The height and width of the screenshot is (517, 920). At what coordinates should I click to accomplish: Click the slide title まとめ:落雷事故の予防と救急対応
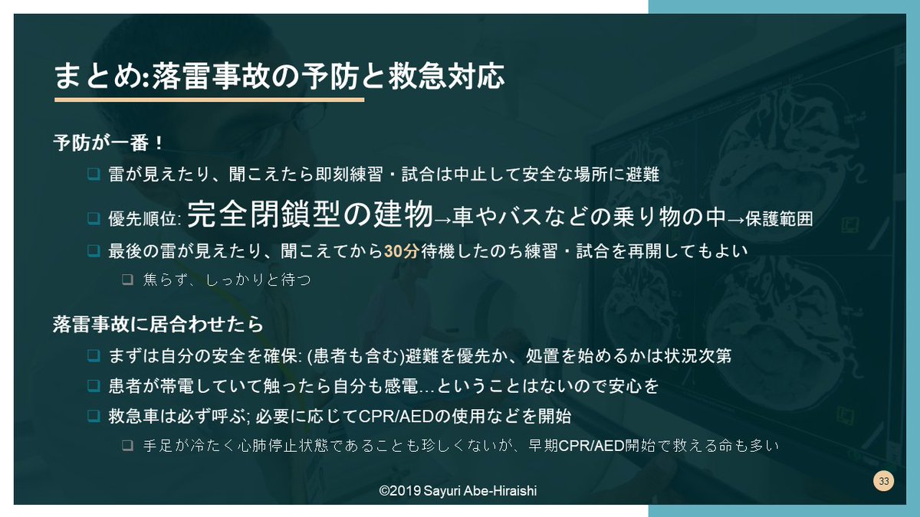[279, 77]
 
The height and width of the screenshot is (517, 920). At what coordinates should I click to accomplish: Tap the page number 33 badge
[884, 482]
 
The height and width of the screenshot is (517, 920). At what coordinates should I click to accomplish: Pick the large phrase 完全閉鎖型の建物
[310, 215]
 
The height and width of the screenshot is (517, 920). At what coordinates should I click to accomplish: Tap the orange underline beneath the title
[209, 100]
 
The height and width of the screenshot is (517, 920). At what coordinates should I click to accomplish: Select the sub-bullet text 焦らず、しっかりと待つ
[227, 280]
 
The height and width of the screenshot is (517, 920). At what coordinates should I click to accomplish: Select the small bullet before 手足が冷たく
[127, 445]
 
